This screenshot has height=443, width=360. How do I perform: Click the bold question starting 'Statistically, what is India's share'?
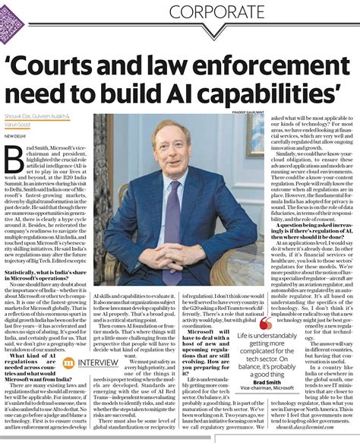[x=39, y=273]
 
